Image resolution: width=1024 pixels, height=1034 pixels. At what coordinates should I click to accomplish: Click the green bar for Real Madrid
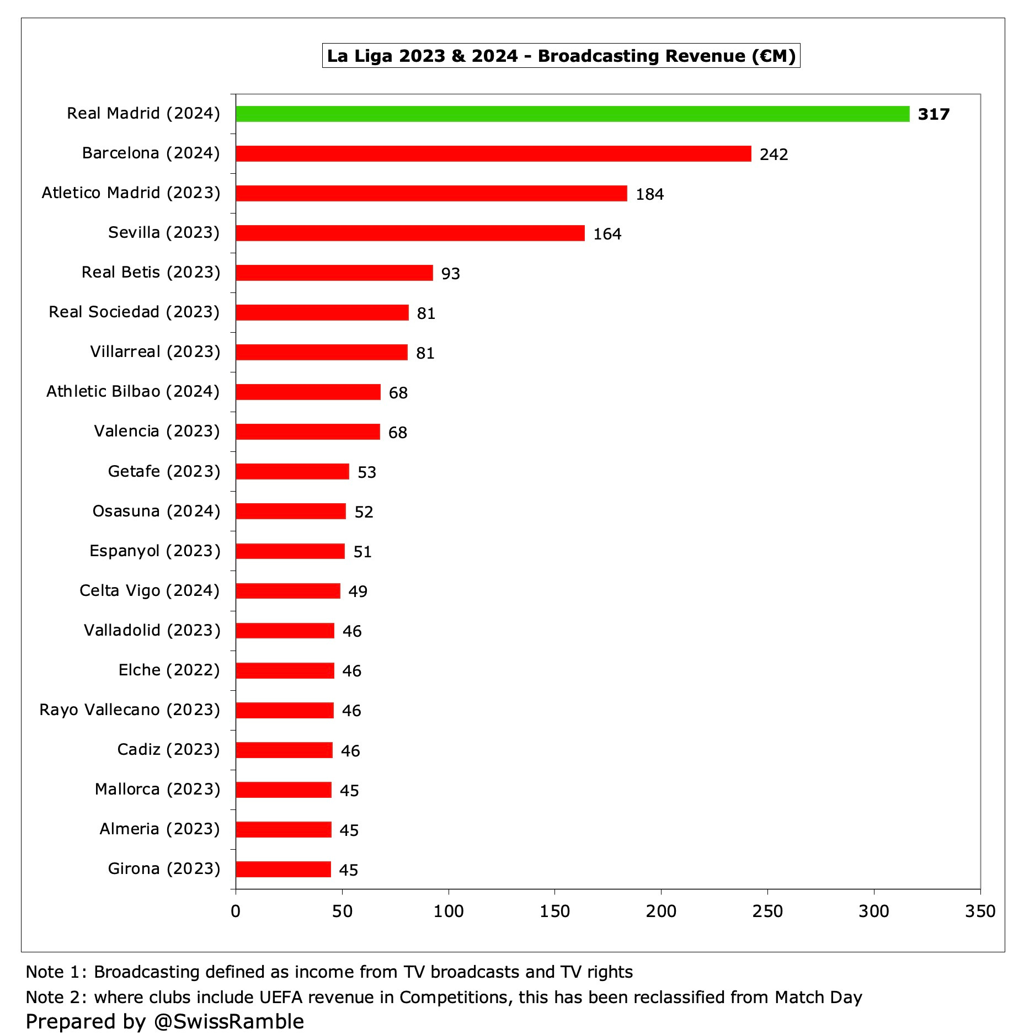click(572, 114)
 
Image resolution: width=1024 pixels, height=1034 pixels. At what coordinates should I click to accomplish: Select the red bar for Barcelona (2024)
click(493, 154)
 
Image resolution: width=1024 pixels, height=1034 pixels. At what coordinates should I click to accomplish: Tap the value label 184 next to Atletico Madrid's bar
click(649, 194)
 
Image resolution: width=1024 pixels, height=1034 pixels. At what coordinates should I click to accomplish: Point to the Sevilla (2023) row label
click(164, 232)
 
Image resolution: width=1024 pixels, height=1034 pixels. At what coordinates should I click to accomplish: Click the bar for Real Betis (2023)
click(334, 273)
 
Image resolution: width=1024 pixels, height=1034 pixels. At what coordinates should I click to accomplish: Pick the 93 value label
click(450, 274)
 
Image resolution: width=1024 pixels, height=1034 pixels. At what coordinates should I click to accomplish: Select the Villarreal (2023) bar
click(322, 353)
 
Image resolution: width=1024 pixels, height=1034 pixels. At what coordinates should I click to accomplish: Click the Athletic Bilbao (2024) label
click(133, 391)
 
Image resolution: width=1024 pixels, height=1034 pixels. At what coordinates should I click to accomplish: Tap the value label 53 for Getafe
click(366, 472)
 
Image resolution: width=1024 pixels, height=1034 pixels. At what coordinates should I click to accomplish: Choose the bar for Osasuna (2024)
click(291, 511)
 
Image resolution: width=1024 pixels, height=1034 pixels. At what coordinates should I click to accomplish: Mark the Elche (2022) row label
click(169, 670)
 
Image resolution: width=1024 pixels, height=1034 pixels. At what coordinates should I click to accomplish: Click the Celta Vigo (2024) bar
click(288, 591)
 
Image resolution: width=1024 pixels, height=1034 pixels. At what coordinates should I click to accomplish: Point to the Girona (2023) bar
click(283, 870)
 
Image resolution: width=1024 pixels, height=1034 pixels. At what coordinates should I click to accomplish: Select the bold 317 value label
click(934, 114)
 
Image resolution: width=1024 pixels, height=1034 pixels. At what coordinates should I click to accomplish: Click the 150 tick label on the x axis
click(554, 911)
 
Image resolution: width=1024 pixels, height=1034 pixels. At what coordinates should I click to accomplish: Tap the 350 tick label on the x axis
click(980, 911)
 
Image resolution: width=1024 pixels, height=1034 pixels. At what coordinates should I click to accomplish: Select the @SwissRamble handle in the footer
click(229, 1021)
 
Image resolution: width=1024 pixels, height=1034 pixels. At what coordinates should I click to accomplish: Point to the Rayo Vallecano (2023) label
click(130, 710)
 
